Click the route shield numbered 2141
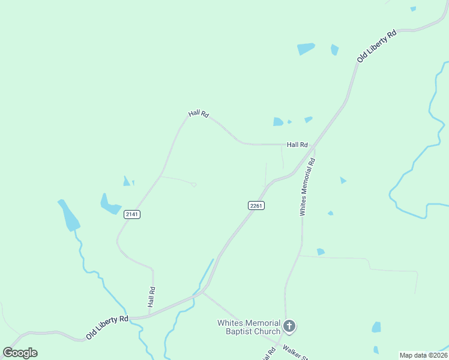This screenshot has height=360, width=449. (132, 214)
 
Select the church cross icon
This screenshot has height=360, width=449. (289, 327)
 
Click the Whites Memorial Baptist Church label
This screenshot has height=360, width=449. (249, 327)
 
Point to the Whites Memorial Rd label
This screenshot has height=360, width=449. (307, 187)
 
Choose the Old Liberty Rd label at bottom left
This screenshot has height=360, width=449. (107, 328)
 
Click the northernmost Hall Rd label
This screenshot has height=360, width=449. (198, 113)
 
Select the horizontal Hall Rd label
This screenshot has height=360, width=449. (297, 145)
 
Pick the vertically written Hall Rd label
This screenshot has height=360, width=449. (152, 298)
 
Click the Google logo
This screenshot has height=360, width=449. (20, 353)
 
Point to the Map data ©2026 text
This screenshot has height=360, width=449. (423, 355)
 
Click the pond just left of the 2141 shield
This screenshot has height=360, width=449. (110, 205)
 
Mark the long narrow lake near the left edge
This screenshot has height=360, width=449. (68, 215)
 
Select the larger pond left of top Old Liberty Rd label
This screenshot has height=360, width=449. (306, 49)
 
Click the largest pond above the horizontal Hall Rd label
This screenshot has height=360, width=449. (278, 122)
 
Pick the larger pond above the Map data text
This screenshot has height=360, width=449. (376, 327)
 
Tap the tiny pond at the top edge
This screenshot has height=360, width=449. (413, 8)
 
